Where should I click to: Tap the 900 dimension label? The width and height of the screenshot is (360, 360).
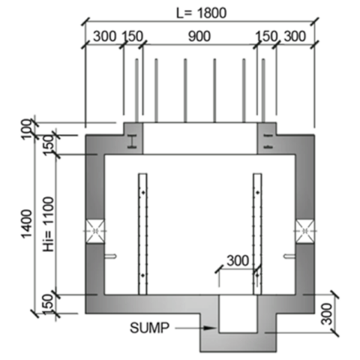[199, 37]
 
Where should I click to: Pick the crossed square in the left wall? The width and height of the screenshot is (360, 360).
[95, 232]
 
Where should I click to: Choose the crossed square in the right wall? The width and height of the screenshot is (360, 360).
[304, 232]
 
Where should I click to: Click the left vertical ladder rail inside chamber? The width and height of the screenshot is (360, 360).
[142, 233]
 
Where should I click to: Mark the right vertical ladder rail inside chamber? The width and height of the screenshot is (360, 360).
[257, 233]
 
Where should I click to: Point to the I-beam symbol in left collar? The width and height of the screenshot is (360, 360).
[131, 141]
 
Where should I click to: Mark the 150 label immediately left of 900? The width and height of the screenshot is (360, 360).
[133, 37]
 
